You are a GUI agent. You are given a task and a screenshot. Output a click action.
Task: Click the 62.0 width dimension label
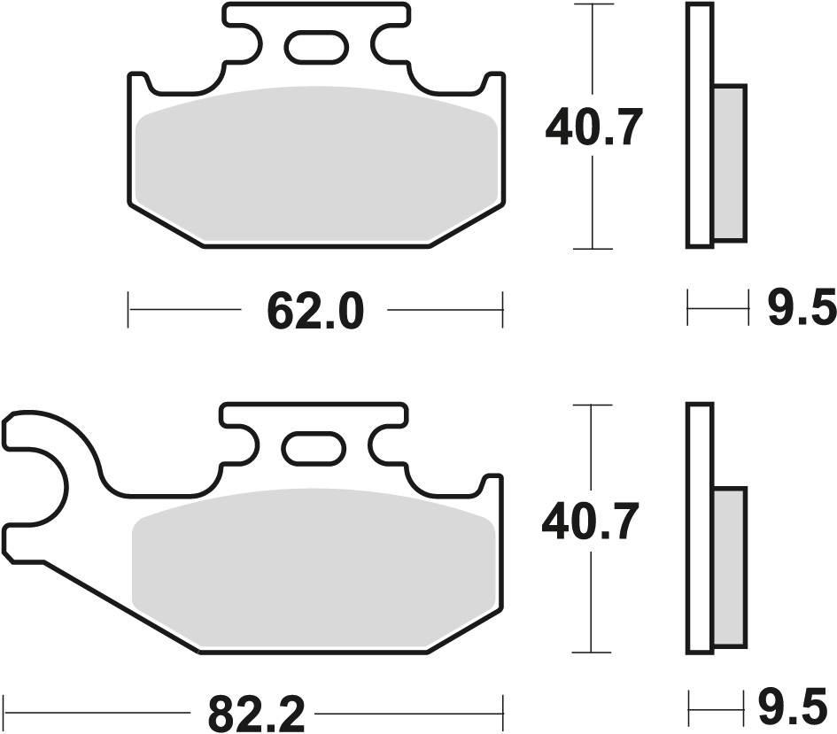[x=314, y=312]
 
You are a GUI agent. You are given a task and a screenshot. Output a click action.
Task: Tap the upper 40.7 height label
[x=591, y=129]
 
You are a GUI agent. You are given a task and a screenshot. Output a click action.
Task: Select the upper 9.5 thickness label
[x=801, y=310]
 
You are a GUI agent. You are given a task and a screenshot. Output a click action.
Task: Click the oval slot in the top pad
[x=314, y=47]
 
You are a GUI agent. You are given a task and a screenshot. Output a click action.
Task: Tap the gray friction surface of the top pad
[x=314, y=164]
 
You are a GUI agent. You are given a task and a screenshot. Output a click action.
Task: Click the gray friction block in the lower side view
[x=729, y=566]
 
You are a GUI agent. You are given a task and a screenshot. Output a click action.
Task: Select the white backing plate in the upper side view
[x=700, y=124]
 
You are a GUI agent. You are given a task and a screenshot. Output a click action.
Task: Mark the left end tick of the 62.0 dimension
[x=129, y=311]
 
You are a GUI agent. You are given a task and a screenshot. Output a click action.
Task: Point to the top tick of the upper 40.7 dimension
[x=593, y=5]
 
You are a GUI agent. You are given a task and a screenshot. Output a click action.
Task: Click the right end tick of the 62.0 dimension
[x=502, y=311]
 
